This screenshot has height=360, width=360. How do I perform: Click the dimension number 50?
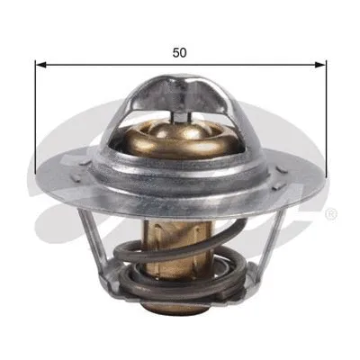[180, 52]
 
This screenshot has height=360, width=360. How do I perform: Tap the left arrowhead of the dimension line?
[39, 64]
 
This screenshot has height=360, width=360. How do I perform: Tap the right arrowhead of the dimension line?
[321, 64]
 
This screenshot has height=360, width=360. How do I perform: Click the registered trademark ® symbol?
[330, 213]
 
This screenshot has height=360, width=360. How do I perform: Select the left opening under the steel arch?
[144, 135]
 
